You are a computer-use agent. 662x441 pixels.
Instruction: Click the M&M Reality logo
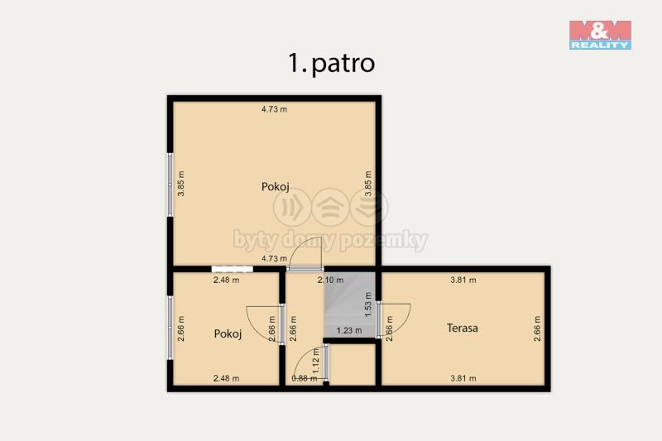click(x=600, y=35)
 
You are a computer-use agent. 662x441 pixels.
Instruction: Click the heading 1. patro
click(x=332, y=64)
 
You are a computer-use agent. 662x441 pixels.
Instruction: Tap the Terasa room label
click(x=463, y=328)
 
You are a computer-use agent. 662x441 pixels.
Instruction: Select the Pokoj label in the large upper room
click(x=276, y=186)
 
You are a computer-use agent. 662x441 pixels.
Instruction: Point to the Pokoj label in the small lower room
click(x=228, y=333)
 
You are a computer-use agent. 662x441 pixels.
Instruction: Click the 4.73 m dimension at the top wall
click(x=274, y=109)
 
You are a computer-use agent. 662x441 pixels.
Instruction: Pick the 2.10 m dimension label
click(x=330, y=280)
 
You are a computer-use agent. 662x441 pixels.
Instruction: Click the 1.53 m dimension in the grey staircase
click(x=368, y=304)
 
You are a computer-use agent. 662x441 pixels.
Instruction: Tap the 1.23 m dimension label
click(x=349, y=330)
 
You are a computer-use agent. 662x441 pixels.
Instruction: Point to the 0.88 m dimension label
click(x=305, y=379)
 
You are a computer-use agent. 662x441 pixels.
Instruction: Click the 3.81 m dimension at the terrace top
click(x=463, y=280)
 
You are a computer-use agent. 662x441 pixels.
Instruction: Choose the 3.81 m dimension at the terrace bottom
click(x=463, y=379)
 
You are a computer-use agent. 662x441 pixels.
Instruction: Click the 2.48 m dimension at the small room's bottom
click(x=226, y=379)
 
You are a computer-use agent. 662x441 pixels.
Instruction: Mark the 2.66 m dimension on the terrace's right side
click(x=537, y=328)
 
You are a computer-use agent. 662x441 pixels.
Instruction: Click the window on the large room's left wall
click(x=170, y=185)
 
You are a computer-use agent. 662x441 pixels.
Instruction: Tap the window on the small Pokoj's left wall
click(x=170, y=328)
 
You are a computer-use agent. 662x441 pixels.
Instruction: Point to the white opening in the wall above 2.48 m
click(x=233, y=269)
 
